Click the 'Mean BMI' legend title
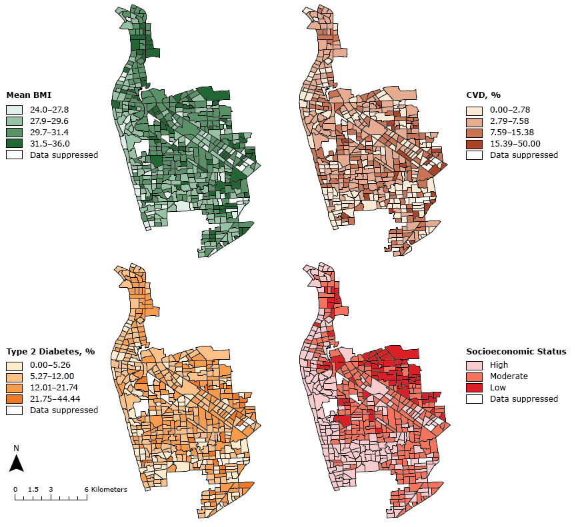(x=29, y=95)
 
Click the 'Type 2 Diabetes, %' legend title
(x=51, y=351)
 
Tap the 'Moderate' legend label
(x=508, y=376)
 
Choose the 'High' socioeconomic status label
(x=499, y=365)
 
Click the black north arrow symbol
(x=17, y=463)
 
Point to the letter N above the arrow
(x=17, y=448)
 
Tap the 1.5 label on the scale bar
(x=33, y=489)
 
